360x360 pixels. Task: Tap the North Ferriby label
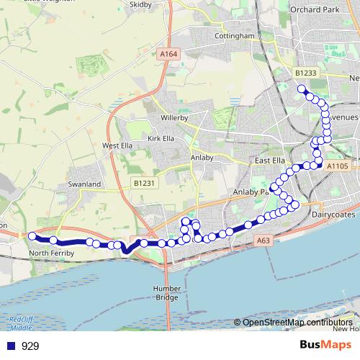pos(53,253)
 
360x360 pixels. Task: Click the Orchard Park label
pos(314,9)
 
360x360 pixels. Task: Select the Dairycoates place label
pos(334,214)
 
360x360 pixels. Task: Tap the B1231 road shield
pos(144,184)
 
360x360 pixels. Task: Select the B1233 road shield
pos(305,73)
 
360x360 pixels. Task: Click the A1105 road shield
pos(336,166)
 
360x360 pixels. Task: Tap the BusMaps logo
pos(325,346)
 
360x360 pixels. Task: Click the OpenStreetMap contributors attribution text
pos(297,323)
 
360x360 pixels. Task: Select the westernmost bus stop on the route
pos(32,235)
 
